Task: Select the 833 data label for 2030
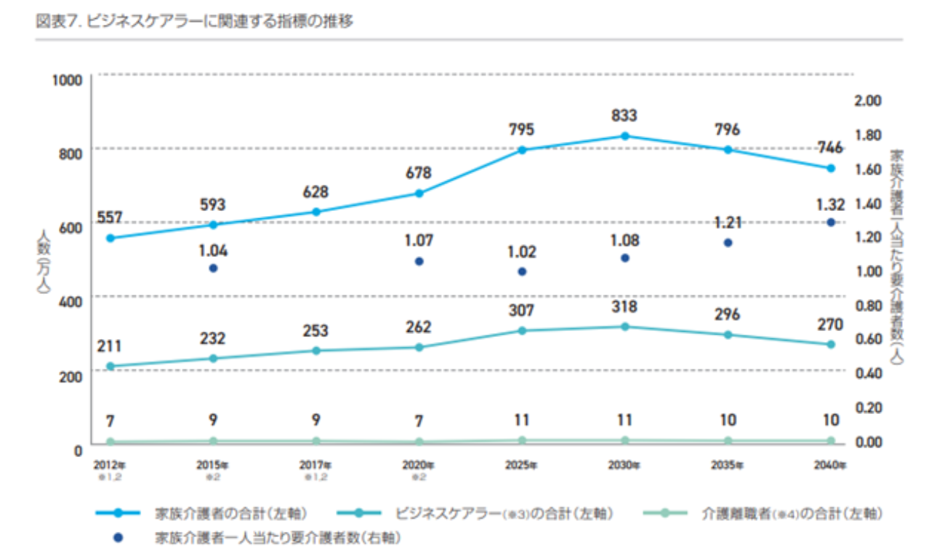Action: click(x=624, y=114)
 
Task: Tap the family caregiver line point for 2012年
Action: click(x=110, y=238)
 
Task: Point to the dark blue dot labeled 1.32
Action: click(x=831, y=223)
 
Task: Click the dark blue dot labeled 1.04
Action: click(x=213, y=268)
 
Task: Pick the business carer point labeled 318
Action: click(x=624, y=327)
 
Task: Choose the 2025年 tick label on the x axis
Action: click(x=521, y=464)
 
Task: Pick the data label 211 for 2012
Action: click(x=110, y=346)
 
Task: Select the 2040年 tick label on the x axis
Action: click(x=830, y=464)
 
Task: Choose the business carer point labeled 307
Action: click(x=521, y=330)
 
